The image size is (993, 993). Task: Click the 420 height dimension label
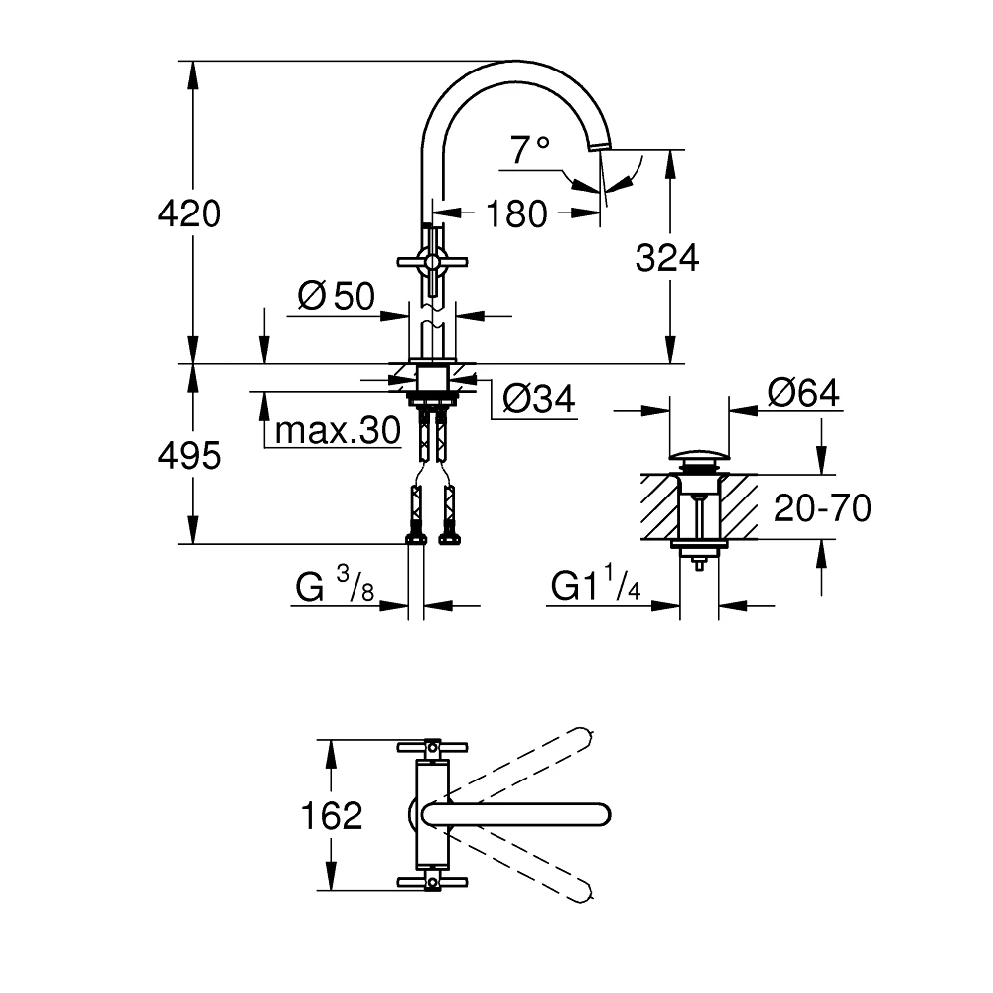(190, 213)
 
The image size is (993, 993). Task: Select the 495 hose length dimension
(190, 456)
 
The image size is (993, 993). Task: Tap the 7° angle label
(530, 151)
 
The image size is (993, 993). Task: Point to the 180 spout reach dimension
(517, 213)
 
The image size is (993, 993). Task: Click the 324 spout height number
(667, 258)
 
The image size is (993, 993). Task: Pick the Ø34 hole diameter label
(538, 399)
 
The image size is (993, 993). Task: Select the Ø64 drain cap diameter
(802, 393)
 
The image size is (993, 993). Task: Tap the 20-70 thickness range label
(822, 508)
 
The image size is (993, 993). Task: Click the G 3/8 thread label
(335, 588)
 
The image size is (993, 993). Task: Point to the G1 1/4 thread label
(597, 588)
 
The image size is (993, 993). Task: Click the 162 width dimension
(332, 815)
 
